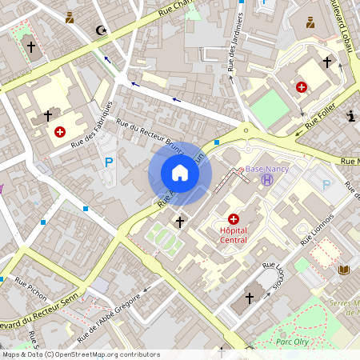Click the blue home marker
pos(180,173)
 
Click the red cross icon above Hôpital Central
pos(234,218)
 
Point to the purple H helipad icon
pos(266,180)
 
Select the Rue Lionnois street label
pos(317,229)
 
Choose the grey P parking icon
pos(326,185)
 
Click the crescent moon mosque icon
pos(101,30)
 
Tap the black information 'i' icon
pos(350,117)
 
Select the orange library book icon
pos(345,270)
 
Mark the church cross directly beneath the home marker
pos(179,221)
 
